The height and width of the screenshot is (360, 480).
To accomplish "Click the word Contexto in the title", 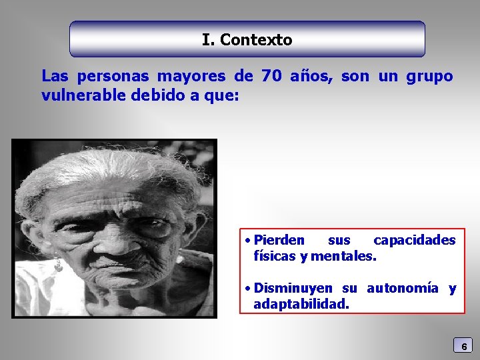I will (x=256, y=40).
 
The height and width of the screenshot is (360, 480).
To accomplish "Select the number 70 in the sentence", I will (x=271, y=76).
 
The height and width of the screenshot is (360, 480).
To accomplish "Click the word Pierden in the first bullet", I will (x=279, y=240).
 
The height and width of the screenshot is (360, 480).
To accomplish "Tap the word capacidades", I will (x=415, y=240).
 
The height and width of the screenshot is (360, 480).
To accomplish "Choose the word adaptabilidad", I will (x=301, y=305).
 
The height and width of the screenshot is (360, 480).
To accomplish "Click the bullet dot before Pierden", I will (x=247, y=240).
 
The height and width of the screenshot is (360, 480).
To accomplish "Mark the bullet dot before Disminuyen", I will (x=247, y=289).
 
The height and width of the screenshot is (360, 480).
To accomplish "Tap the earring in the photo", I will (x=58, y=265).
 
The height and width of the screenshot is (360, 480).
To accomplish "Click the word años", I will (x=313, y=76).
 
